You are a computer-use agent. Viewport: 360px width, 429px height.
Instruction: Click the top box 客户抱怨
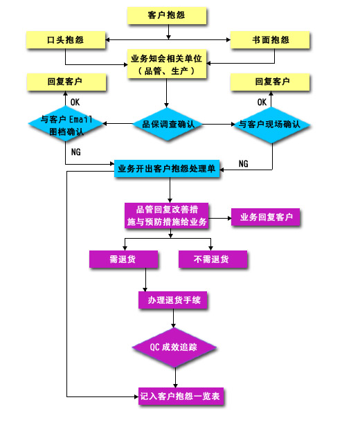[x=167, y=16]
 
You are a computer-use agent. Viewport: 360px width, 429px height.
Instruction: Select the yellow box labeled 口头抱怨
[x=66, y=40]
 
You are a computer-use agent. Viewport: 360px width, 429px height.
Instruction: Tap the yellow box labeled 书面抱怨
[x=270, y=40]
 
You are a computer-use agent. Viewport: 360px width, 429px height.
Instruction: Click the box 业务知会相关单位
[x=167, y=64]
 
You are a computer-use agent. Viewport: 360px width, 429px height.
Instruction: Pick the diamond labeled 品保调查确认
[x=168, y=125]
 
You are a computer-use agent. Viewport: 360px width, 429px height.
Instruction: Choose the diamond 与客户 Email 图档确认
[x=66, y=125]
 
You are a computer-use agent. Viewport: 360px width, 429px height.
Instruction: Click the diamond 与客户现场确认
[x=271, y=125]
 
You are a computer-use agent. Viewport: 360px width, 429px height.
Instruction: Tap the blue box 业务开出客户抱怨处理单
[x=167, y=169]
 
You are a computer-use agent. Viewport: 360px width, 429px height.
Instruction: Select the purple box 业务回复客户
[x=266, y=217]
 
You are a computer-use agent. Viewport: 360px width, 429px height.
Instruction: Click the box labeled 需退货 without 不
[x=123, y=259]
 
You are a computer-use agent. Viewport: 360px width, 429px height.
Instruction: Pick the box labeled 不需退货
[x=213, y=259]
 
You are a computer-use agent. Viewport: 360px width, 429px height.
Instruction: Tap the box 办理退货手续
[x=173, y=300]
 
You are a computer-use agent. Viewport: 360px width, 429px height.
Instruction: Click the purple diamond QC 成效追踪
[x=174, y=347]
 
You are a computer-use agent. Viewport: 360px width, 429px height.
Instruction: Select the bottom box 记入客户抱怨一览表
[x=181, y=396]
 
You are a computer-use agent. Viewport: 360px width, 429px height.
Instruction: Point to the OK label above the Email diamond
[x=75, y=102]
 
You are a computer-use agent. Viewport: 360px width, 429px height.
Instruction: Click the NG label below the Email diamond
[x=76, y=152]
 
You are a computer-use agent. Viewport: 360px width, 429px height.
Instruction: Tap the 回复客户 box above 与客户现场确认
[x=270, y=82]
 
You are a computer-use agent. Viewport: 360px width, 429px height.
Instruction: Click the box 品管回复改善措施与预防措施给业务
[x=167, y=216]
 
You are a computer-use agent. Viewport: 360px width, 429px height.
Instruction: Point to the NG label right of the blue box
[x=244, y=163]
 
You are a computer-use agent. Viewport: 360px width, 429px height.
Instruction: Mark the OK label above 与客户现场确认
[x=262, y=102]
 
